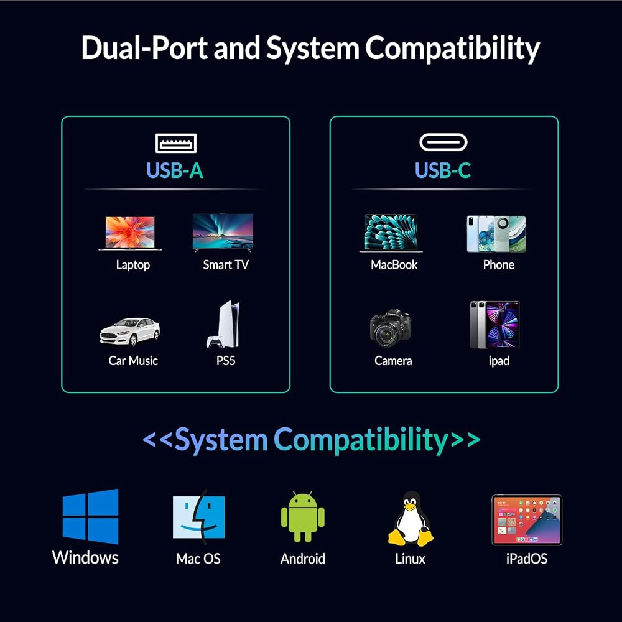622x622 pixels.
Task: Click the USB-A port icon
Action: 176,143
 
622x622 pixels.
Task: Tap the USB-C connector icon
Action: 443,142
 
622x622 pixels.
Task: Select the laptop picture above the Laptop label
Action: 130,233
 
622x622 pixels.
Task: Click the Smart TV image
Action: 223,233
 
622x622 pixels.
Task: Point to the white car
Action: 130,332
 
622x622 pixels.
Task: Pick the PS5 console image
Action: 224,325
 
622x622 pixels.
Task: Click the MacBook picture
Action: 391,233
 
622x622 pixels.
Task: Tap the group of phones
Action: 496,234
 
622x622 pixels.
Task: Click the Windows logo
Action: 90,516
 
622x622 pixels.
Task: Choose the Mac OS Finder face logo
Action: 199,517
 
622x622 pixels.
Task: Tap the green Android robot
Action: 303,516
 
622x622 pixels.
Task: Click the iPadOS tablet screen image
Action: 527,520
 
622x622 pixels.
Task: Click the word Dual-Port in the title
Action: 144,49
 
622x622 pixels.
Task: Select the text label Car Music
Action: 133,361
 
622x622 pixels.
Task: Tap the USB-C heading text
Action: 443,170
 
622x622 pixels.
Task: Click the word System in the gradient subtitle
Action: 221,440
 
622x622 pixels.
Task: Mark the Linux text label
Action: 410,559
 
